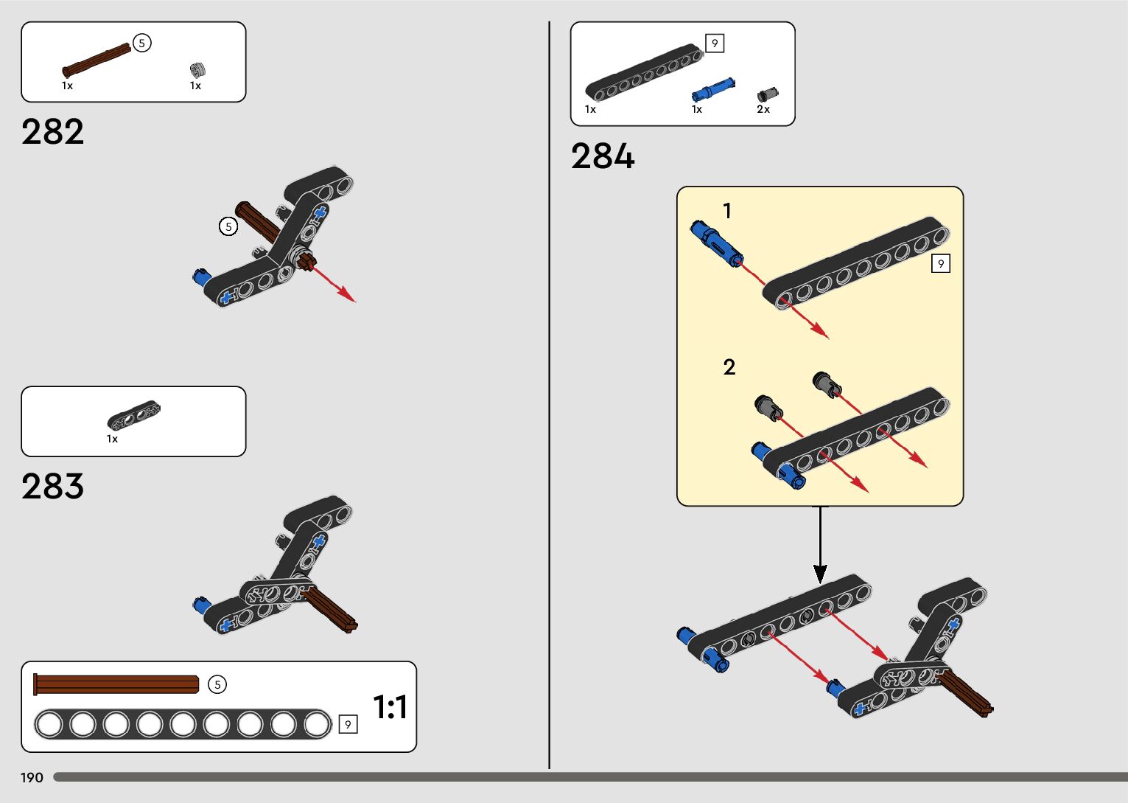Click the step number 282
pos(52,132)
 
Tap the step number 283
pos(52,487)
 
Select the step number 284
pos(602,156)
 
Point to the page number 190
pos(32,777)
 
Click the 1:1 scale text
pos(390,707)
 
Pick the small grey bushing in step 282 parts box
pos(197,70)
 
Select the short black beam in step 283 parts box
pos(134,415)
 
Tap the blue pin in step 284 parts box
pos(712,90)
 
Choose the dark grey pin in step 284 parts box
pos(768,94)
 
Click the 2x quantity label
pos(763,109)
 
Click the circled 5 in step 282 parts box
pos(141,44)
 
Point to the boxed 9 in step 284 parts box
pos(714,44)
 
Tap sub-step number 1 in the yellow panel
pos(727,212)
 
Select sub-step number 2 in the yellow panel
pos(729,367)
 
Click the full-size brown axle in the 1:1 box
pos(116,684)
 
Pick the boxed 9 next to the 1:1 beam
pos(348,725)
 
